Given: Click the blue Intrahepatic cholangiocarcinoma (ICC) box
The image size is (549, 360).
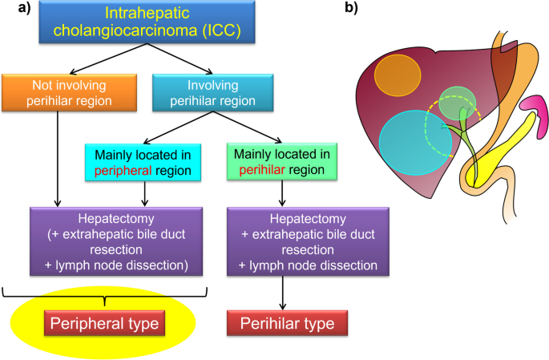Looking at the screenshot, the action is coord(147,22).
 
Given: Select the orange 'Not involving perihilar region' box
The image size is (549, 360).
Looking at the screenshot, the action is coord(69,93).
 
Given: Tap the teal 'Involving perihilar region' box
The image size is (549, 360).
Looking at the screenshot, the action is coord(213,93).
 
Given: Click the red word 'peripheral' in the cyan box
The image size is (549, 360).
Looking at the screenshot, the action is coord(123,171).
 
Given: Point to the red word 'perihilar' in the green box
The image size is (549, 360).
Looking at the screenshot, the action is coord(262,170).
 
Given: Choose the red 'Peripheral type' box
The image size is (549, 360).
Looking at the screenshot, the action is coord(104,323).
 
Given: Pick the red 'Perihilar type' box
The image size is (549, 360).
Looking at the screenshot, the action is coord(287,323).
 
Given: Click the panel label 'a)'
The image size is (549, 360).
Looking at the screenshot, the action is coord(25,8).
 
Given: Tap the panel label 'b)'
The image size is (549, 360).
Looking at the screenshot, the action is coord(351,8).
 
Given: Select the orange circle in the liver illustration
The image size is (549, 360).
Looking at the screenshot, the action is coord(398,75).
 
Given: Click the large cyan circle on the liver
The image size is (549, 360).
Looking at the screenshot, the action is coord(415,143).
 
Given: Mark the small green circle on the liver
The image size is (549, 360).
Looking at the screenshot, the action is coord(458,103).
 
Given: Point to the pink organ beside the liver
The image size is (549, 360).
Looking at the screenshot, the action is coord(535,116).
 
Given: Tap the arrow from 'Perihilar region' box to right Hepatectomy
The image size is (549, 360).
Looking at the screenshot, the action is coord(282,193).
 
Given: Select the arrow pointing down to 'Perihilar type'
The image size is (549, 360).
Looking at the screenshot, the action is coord(283,293).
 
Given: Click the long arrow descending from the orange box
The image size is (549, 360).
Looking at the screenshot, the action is coord(58,159).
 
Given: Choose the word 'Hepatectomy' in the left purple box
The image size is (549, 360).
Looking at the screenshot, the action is coord(116,219).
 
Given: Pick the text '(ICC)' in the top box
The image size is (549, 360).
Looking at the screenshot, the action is coord(222,30).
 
